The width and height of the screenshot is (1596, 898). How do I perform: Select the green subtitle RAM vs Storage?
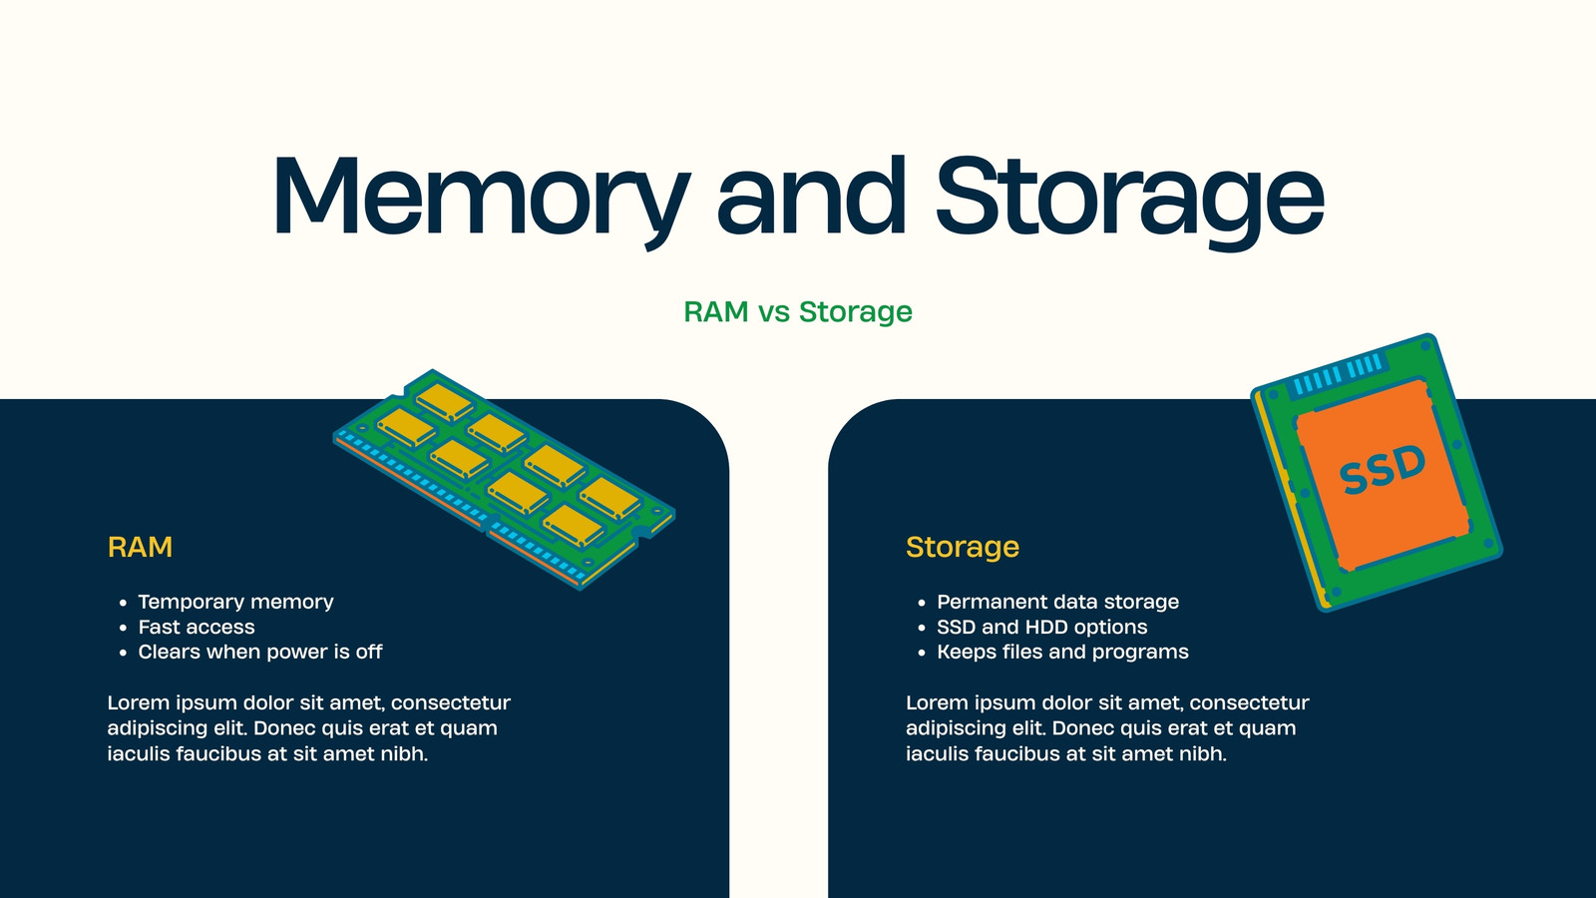click(798, 311)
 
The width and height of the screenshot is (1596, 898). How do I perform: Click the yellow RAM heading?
click(140, 547)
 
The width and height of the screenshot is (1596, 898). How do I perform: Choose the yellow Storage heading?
click(963, 547)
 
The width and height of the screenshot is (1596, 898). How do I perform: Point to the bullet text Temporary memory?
click(235, 602)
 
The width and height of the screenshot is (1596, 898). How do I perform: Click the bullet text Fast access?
click(196, 627)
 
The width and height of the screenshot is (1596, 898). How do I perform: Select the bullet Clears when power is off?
click(260, 652)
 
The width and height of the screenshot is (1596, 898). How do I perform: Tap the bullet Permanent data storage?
click(1057, 602)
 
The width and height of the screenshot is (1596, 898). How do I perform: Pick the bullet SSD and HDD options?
click(1041, 627)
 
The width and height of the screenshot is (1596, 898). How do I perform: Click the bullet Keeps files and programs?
click(1062, 652)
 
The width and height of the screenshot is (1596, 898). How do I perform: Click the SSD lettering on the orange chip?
click(1382, 470)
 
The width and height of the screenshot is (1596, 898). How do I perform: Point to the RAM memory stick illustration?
click(504, 479)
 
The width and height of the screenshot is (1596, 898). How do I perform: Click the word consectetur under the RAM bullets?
click(450, 702)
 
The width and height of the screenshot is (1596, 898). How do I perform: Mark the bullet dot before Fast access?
click(124, 628)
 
